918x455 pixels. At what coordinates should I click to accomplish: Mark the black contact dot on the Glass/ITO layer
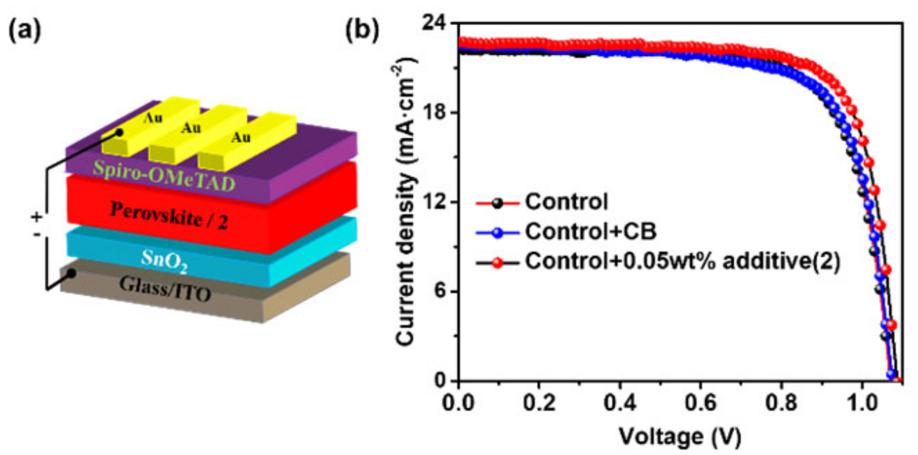point(71,273)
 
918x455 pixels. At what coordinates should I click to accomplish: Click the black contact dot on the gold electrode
point(119,133)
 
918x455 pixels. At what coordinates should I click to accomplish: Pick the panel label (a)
point(25,32)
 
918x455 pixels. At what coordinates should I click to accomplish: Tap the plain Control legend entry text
point(566,202)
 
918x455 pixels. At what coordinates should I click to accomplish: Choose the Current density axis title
point(405,202)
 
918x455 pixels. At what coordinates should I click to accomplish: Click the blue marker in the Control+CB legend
point(498,232)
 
